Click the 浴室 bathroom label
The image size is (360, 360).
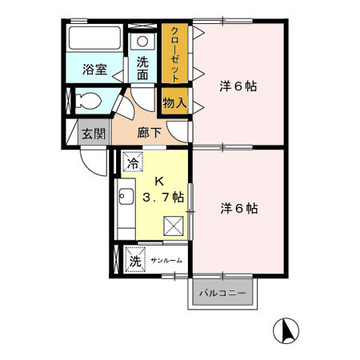(x=94, y=70)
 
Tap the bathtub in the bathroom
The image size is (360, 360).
(x=94, y=39)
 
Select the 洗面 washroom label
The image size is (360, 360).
(x=142, y=68)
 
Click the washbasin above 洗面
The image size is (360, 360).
(x=142, y=42)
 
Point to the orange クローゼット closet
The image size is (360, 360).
(x=175, y=54)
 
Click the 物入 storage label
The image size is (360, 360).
(x=174, y=102)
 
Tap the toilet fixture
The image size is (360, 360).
(x=90, y=102)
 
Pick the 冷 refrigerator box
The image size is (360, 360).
(x=131, y=163)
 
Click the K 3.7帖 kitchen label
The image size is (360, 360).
(x=163, y=188)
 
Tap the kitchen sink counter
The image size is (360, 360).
(x=126, y=204)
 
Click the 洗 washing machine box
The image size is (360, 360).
(x=134, y=260)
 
